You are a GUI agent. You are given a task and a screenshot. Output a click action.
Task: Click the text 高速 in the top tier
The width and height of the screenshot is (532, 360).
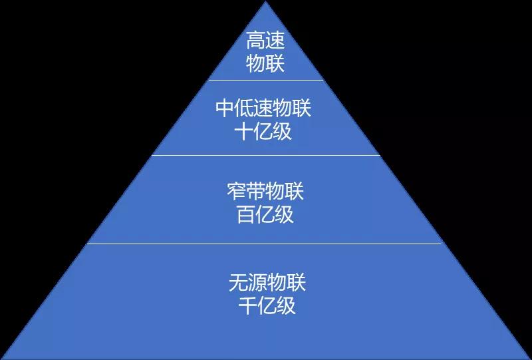(x=265, y=42)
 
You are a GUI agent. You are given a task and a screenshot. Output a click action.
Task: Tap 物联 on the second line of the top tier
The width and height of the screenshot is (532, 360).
(x=265, y=63)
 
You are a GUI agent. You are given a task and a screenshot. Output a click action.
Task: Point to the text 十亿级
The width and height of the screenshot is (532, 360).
(x=263, y=131)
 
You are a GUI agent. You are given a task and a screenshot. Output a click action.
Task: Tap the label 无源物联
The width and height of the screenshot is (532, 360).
(x=267, y=283)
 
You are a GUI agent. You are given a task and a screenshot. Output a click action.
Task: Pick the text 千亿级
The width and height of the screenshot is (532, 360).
(x=267, y=305)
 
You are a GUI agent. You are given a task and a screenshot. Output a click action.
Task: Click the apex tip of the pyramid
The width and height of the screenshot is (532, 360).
(x=267, y=3)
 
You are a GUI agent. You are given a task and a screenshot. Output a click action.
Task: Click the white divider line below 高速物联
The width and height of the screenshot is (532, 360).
(x=265, y=81)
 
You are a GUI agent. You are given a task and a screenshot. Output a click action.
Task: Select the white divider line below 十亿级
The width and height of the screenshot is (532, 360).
(x=265, y=156)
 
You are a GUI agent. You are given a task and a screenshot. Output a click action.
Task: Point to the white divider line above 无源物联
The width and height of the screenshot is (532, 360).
(x=265, y=244)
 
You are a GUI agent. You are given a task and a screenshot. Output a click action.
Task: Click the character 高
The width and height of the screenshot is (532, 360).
(x=256, y=42)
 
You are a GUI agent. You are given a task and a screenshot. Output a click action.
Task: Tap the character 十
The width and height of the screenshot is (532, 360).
(x=244, y=131)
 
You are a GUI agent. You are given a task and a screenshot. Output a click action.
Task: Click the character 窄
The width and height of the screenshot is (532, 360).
(x=237, y=193)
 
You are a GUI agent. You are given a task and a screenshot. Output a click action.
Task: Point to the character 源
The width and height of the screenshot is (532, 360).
(x=257, y=283)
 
